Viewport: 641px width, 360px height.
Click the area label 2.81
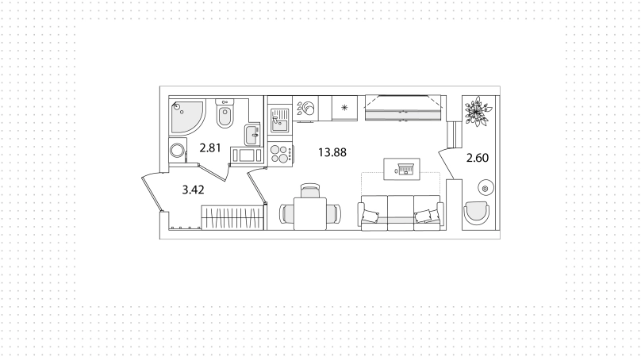pos(210,147)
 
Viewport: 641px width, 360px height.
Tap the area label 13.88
pos(332,152)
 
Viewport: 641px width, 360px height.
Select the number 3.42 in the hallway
pos(193,190)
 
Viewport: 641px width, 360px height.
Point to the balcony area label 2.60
pos(478,158)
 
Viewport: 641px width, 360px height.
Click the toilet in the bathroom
pos(225,114)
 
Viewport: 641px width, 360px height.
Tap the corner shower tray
pos(186,117)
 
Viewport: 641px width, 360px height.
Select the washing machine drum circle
pos(178,151)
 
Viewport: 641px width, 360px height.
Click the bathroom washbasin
pos(252,135)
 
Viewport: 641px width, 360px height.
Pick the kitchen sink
pos(279,121)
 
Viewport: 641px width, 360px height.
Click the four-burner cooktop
pos(279,154)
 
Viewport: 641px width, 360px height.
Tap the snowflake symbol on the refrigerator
pos(344,108)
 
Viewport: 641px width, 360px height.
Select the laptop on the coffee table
pos(405,169)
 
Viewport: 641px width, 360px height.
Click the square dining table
pos(311,213)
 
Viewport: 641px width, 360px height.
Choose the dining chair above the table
pos(309,190)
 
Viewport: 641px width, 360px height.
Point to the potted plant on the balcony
pos(478,111)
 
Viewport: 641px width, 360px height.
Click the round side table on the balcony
pos(486,189)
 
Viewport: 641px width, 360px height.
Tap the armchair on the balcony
pos(476,213)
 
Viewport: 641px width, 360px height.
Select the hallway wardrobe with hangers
pos(232,218)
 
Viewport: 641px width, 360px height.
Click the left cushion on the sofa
pos(370,216)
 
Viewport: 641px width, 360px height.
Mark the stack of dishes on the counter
pos(306,109)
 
